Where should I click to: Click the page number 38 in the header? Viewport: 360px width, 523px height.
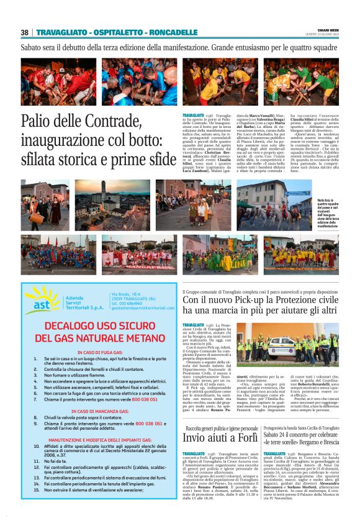(x=25, y=32)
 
